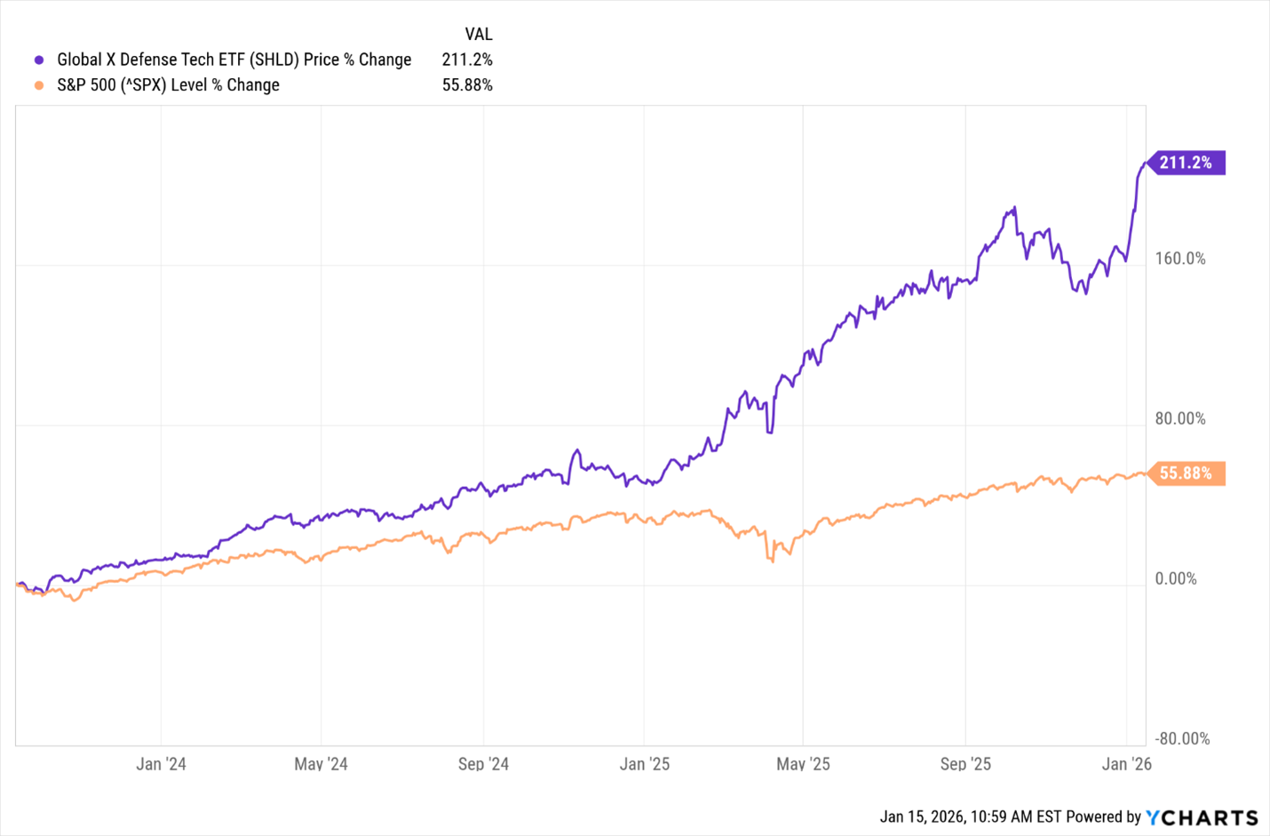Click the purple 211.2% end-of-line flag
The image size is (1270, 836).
pos(1187,163)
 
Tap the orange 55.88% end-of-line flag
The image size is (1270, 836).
pos(1187,474)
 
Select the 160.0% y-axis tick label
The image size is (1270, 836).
pos(1180,259)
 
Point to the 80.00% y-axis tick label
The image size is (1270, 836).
pos(1180,418)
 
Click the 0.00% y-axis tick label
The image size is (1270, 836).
pos(1176,578)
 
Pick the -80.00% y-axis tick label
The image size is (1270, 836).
pos(1182,738)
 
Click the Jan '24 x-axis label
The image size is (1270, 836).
pos(161,764)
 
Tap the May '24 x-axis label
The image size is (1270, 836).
pos(321,764)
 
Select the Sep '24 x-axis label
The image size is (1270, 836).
pos(483,764)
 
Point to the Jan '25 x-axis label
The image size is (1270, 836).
pos(645,764)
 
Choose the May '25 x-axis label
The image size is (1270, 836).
pos(803,764)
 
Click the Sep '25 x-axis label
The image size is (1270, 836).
pos(965,764)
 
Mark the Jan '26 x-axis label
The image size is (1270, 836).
pos(1126,764)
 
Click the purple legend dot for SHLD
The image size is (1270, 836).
pos(39,60)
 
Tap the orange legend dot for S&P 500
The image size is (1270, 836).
pos(39,85)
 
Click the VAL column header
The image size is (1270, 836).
pos(478,34)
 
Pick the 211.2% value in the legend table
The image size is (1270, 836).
pos(467,60)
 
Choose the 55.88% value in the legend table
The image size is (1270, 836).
pos(467,85)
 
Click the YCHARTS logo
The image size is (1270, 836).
pos(1202,817)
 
